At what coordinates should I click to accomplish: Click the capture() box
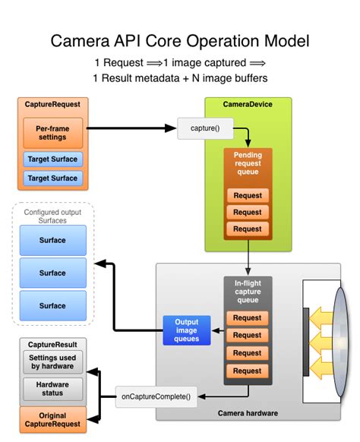click(205, 128)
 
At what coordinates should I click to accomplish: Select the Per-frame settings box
click(52, 133)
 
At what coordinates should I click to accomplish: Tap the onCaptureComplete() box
click(156, 396)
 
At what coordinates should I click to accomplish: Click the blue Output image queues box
click(187, 330)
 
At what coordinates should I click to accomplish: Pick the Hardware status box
click(52, 389)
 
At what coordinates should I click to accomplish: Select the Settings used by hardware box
click(52, 362)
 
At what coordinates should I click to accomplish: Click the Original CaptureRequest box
click(52, 420)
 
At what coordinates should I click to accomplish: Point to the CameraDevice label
click(248, 104)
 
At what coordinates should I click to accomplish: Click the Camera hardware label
click(248, 413)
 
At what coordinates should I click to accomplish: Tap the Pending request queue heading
click(248, 163)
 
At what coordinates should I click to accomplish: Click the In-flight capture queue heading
click(248, 292)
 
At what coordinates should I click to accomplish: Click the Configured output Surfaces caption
click(52, 216)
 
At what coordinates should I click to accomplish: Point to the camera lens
click(340, 342)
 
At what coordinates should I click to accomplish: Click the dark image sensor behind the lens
click(306, 342)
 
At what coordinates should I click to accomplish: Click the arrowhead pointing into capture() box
click(171, 128)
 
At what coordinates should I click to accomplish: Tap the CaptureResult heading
click(52, 345)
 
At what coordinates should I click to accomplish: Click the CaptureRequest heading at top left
click(52, 104)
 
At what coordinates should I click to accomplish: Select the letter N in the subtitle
click(196, 78)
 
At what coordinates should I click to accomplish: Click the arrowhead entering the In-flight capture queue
click(248, 271)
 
